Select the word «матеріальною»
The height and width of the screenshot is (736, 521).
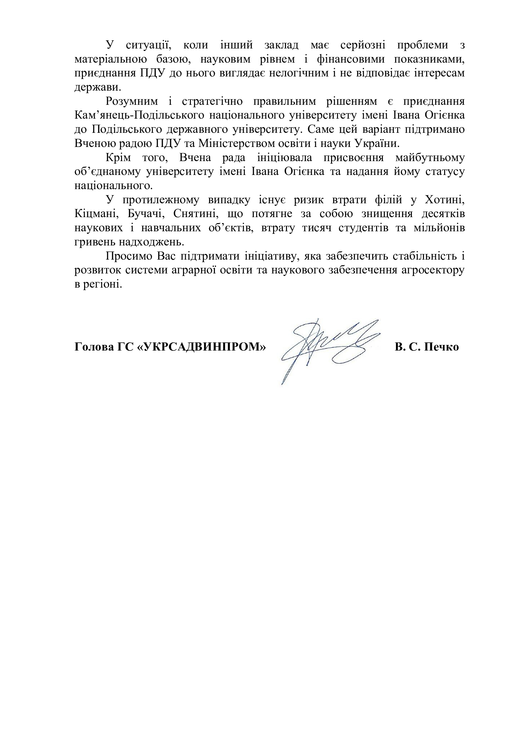(x=111, y=59)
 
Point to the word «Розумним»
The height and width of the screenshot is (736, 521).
(x=132, y=102)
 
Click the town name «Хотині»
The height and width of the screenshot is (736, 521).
(x=445, y=200)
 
